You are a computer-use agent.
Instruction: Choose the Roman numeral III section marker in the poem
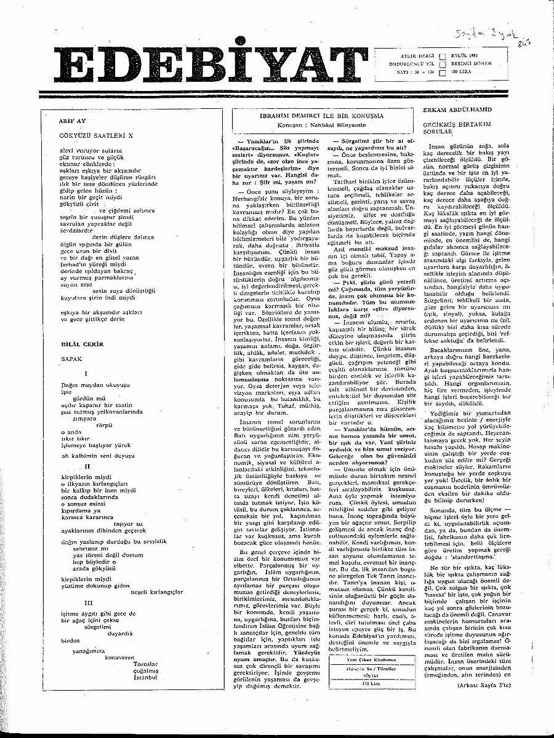click(89, 603)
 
